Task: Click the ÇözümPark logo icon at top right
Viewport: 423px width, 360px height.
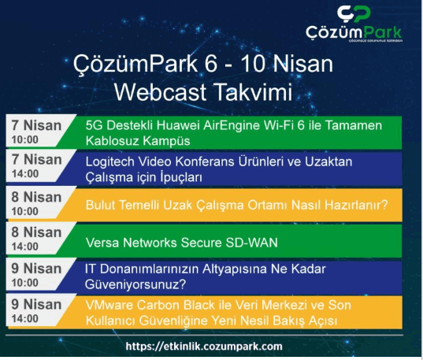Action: pyautogui.click(x=354, y=14)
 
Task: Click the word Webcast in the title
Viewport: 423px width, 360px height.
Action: pyautogui.click(x=161, y=91)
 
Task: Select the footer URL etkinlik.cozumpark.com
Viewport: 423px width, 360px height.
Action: pyautogui.click(x=204, y=347)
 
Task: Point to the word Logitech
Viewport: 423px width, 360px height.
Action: pyautogui.click(x=110, y=162)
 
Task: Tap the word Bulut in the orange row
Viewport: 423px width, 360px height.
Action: pyautogui.click(x=100, y=205)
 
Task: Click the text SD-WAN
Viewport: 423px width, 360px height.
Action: pyautogui.click(x=251, y=243)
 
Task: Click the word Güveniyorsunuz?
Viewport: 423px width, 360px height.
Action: pyautogui.click(x=135, y=284)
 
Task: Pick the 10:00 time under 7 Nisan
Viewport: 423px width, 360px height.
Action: pyautogui.click(x=25, y=139)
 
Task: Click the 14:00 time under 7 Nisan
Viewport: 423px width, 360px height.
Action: pyautogui.click(x=25, y=174)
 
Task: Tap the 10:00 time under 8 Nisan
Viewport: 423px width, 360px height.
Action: pyautogui.click(x=25, y=211)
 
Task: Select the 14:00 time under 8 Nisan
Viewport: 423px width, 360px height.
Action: pyautogui.click(x=25, y=247)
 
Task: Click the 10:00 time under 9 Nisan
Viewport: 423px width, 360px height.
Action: pyautogui.click(x=25, y=283)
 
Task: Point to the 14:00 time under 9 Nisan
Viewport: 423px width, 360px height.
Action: pyautogui.click(x=25, y=319)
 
